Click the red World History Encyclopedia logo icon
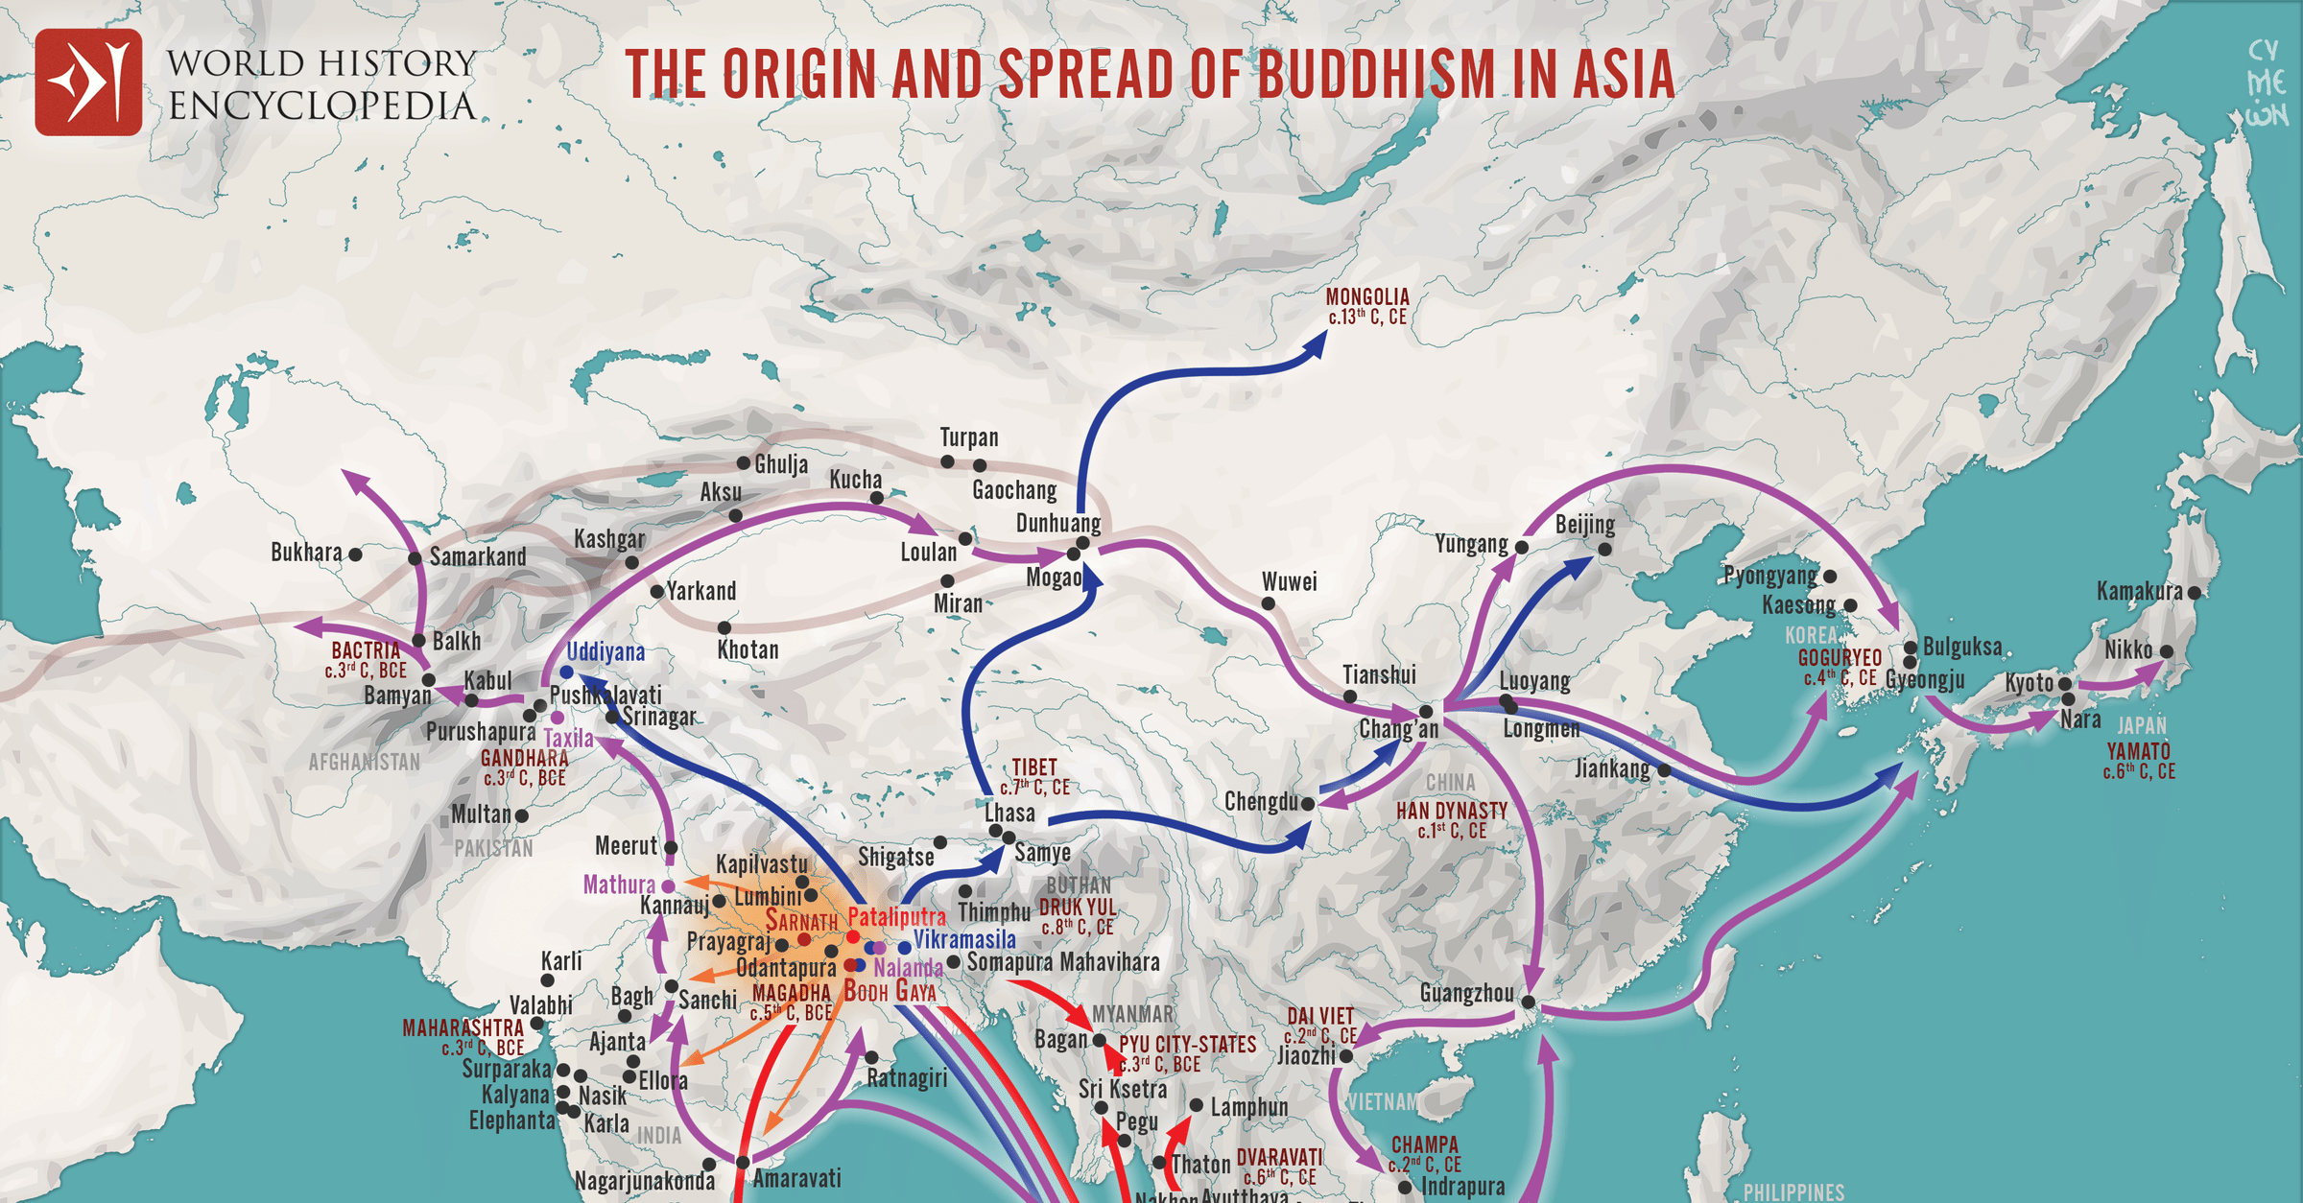[88, 82]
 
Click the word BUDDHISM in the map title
[1376, 75]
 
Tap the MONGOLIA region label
[1367, 297]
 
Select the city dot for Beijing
[1604, 550]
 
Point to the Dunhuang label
[1057, 524]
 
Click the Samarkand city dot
[415, 558]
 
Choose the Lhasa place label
[1009, 814]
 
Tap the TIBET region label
[1034, 767]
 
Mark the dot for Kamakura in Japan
[2195, 593]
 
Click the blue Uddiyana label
[605, 652]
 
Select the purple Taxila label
[568, 739]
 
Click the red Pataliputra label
[896, 917]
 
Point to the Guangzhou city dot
[1528, 1002]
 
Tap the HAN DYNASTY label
[1452, 811]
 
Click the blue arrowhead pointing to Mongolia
[1317, 344]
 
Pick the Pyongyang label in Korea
[1770, 576]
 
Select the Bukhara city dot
[355, 554]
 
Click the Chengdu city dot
[1307, 803]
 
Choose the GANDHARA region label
[524, 758]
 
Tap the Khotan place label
[748, 650]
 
